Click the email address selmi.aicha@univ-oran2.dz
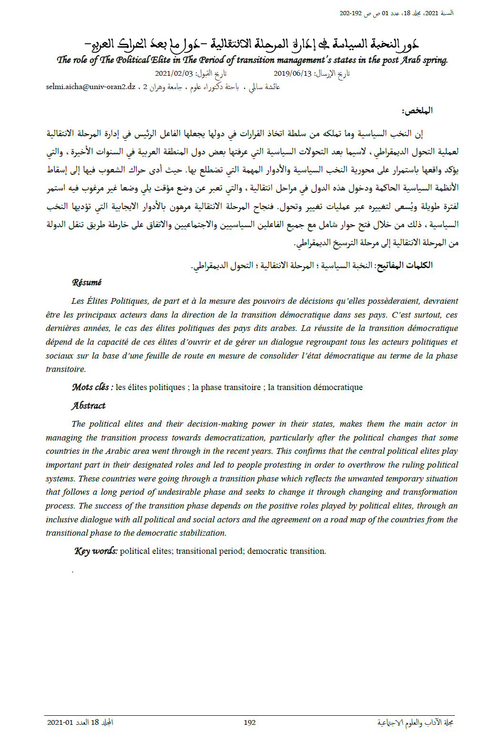coord(90,87)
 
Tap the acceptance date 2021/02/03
coord(174,73)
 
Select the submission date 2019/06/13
coord(292,73)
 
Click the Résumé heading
coord(87,282)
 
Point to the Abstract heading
coord(89,406)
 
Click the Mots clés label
coord(92,387)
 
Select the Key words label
coord(96,551)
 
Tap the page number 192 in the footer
coord(250,722)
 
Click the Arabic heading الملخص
coord(417,111)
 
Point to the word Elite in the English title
coord(160,60)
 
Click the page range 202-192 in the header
coord(351,13)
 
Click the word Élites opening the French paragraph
coord(97,301)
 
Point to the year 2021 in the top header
coord(431,13)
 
